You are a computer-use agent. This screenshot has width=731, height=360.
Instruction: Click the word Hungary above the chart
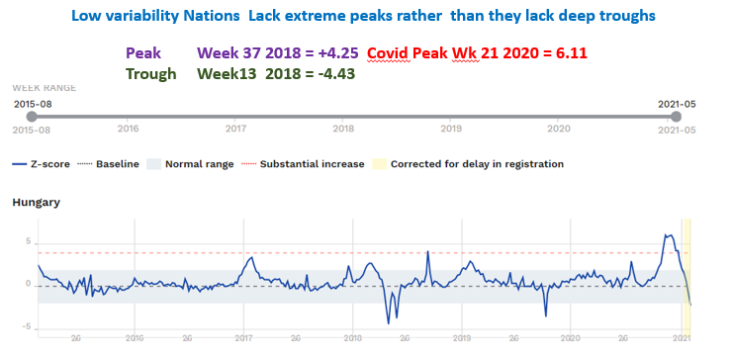click(x=37, y=202)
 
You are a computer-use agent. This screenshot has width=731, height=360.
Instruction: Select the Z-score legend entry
click(x=40, y=163)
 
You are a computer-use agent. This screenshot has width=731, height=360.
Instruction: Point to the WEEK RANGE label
click(x=46, y=87)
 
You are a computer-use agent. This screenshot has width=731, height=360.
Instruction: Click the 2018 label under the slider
click(x=343, y=129)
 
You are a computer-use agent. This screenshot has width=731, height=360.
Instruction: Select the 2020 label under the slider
click(x=558, y=129)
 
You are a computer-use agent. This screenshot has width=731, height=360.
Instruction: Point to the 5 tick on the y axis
click(x=30, y=242)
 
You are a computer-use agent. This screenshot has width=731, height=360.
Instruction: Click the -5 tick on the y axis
click(x=28, y=326)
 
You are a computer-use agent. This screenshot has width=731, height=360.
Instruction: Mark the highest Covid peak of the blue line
click(x=669, y=235)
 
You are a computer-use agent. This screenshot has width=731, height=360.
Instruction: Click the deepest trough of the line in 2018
click(x=389, y=322)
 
